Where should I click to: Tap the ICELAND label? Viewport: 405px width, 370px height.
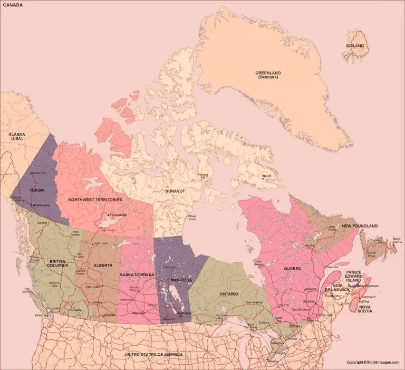pos(354,46)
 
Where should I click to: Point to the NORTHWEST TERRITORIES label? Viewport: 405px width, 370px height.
pos(95,200)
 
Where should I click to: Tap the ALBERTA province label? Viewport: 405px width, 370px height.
pos(102,265)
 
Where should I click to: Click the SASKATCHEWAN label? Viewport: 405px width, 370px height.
pos(137,275)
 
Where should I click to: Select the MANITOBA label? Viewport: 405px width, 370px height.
pos(181,279)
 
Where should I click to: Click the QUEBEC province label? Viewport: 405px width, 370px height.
pos(293,269)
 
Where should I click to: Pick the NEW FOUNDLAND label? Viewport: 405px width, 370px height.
pos(360,226)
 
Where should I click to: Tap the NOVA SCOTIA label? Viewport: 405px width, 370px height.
pos(365,309)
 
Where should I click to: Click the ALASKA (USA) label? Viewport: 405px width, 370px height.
pos(16,137)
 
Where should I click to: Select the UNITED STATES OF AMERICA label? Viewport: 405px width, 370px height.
pos(153,355)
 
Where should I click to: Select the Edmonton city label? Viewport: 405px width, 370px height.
pos(94,287)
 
